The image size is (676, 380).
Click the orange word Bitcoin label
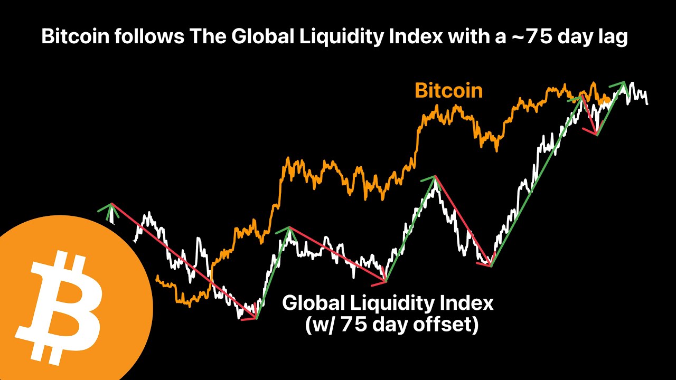[x=448, y=91]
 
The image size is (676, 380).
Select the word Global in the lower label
[x=313, y=303]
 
